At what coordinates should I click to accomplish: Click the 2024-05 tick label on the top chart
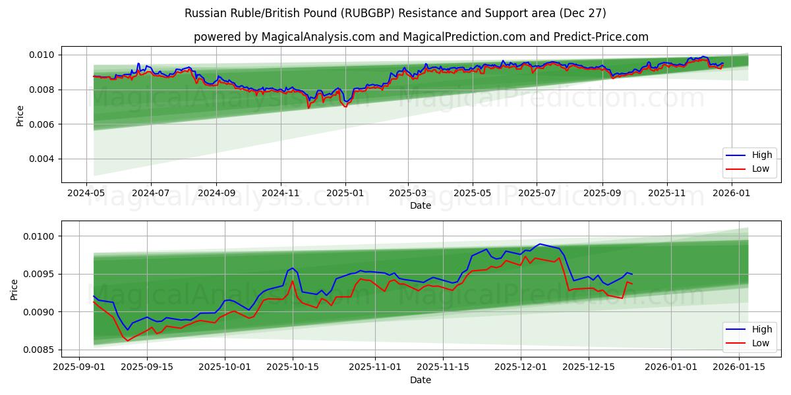[x=86, y=194]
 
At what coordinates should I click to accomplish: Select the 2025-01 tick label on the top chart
[x=345, y=194]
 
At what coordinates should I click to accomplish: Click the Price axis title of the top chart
[x=20, y=116]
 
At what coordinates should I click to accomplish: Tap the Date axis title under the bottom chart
[x=421, y=380]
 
